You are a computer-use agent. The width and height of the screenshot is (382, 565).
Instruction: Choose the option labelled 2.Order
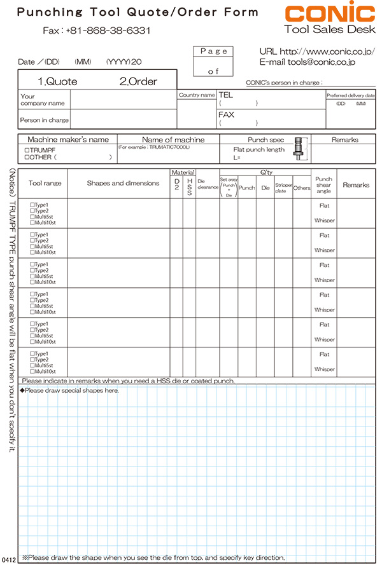coord(138,81)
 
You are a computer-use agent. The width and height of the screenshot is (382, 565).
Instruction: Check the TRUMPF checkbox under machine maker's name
coord(24,150)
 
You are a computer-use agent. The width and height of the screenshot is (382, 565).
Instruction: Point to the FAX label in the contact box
coord(227,115)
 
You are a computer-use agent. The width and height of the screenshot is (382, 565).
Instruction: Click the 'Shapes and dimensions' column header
coord(123,184)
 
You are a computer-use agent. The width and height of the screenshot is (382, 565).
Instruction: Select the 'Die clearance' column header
coord(208,184)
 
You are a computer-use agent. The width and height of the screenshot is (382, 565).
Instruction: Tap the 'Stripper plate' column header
coord(283,188)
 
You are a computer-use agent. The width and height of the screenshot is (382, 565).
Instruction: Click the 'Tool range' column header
coord(45,184)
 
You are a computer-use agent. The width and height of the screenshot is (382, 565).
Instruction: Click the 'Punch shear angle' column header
coord(323,185)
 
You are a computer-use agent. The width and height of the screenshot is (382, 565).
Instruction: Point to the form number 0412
coord(8,559)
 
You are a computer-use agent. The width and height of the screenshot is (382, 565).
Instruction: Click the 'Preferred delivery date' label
coord(351,95)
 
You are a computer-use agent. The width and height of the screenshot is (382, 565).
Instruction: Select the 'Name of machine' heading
coord(173,140)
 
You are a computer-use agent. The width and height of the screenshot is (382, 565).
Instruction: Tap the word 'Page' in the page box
coord(214,51)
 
